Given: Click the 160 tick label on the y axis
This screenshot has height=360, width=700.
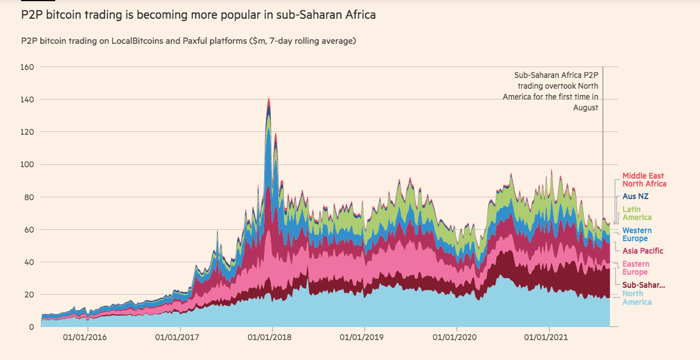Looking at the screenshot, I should click(x=28, y=67).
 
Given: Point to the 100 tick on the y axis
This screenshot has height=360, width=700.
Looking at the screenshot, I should click(x=28, y=165).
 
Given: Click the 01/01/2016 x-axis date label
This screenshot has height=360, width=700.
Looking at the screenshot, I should click(x=87, y=337).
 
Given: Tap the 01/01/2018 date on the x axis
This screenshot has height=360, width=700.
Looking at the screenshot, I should click(x=272, y=337).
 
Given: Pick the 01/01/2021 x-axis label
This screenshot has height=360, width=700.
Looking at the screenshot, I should click(x=549, y=337).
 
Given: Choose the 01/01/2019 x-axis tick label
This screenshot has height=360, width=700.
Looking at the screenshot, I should click(x=364, y=337).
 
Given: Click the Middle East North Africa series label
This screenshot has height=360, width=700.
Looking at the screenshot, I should click(x=644, y=180).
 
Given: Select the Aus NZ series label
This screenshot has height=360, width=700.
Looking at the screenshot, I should click(x=636, y=196).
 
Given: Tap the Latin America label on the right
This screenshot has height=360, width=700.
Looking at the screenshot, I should click(x=637, y=213).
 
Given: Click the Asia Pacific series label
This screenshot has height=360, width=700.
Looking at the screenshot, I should click(x=643, y=251).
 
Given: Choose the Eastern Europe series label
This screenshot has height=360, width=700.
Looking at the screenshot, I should click(x=636, y=268).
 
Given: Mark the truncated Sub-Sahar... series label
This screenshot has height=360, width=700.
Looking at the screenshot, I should click(x=643, y=285).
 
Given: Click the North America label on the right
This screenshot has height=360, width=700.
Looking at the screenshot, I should click(x=637, y=297).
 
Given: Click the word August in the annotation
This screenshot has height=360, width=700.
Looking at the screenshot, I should click(x=586, y=107).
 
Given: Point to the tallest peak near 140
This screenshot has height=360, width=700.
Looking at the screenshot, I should click(x=269, y=100).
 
